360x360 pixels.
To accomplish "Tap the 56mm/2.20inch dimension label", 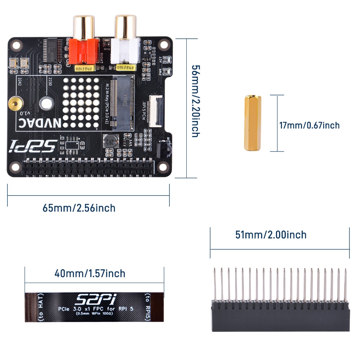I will pos(195,101).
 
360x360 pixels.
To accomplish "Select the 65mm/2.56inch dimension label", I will pos(79,208).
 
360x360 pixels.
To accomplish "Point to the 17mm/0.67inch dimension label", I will pos(309,125).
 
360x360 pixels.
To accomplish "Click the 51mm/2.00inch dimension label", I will pos(271,234).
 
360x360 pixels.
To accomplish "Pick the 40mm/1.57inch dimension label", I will pos(90,273).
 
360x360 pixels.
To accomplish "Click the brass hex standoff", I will pos(252,123).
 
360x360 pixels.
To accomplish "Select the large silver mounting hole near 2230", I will pos(46,103).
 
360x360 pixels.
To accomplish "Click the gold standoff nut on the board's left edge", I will pos(15,103).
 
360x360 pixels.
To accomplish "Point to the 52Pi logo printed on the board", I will pos(33,145).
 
